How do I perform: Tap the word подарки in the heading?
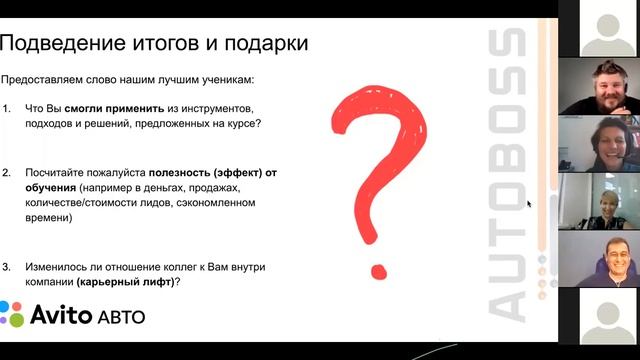click(263, 44)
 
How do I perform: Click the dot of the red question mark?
click(378, 268)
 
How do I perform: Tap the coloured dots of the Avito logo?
click(11, 314)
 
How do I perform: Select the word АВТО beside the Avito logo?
click(121, 318)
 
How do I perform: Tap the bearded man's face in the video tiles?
click(603, 85)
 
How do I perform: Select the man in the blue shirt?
click(606, 262)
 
